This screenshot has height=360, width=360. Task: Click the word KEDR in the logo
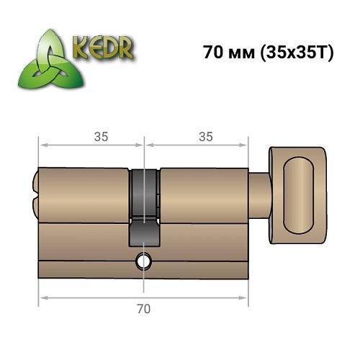tap(102, 48)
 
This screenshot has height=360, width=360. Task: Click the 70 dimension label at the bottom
tap(143, 309)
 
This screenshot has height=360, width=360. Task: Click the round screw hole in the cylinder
tap(144, 262)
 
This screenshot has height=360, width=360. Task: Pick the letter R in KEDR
tap(127, 49)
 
